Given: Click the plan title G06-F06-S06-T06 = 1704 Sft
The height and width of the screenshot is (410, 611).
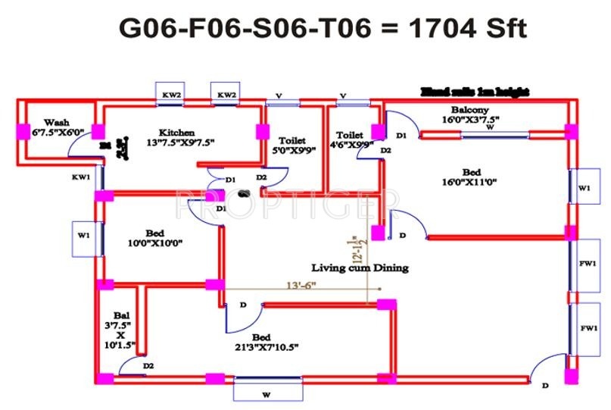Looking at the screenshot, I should pyautogui.click(x=322, y=28).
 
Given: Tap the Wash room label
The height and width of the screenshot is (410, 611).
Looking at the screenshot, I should pyautogui.click(x=56, y=122).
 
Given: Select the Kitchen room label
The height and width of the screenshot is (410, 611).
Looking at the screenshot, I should pyautogui.click(x=176, y=132).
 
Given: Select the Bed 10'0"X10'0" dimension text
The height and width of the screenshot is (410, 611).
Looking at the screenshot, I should pyautogui.click(x=155, y=243).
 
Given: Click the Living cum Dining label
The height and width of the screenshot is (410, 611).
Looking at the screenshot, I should pyautogui.click(x=360, y=268).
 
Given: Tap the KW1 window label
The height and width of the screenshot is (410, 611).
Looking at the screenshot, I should pyautogui.click(x=82, y=177).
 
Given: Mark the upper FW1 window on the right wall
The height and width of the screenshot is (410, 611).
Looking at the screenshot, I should pyautogui.click(x=588, y=264).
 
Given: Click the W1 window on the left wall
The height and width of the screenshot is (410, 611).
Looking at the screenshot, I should pyautogui.click(x=83, y=236).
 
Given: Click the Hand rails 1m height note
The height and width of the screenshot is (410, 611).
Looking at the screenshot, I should pyautogui.click(x=474, y=92).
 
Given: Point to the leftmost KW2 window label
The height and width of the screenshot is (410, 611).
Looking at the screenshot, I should pyautogui.click(x=172, y=95).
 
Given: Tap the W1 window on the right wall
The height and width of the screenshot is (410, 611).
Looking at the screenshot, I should pyautogui.click(x=583, y=188).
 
